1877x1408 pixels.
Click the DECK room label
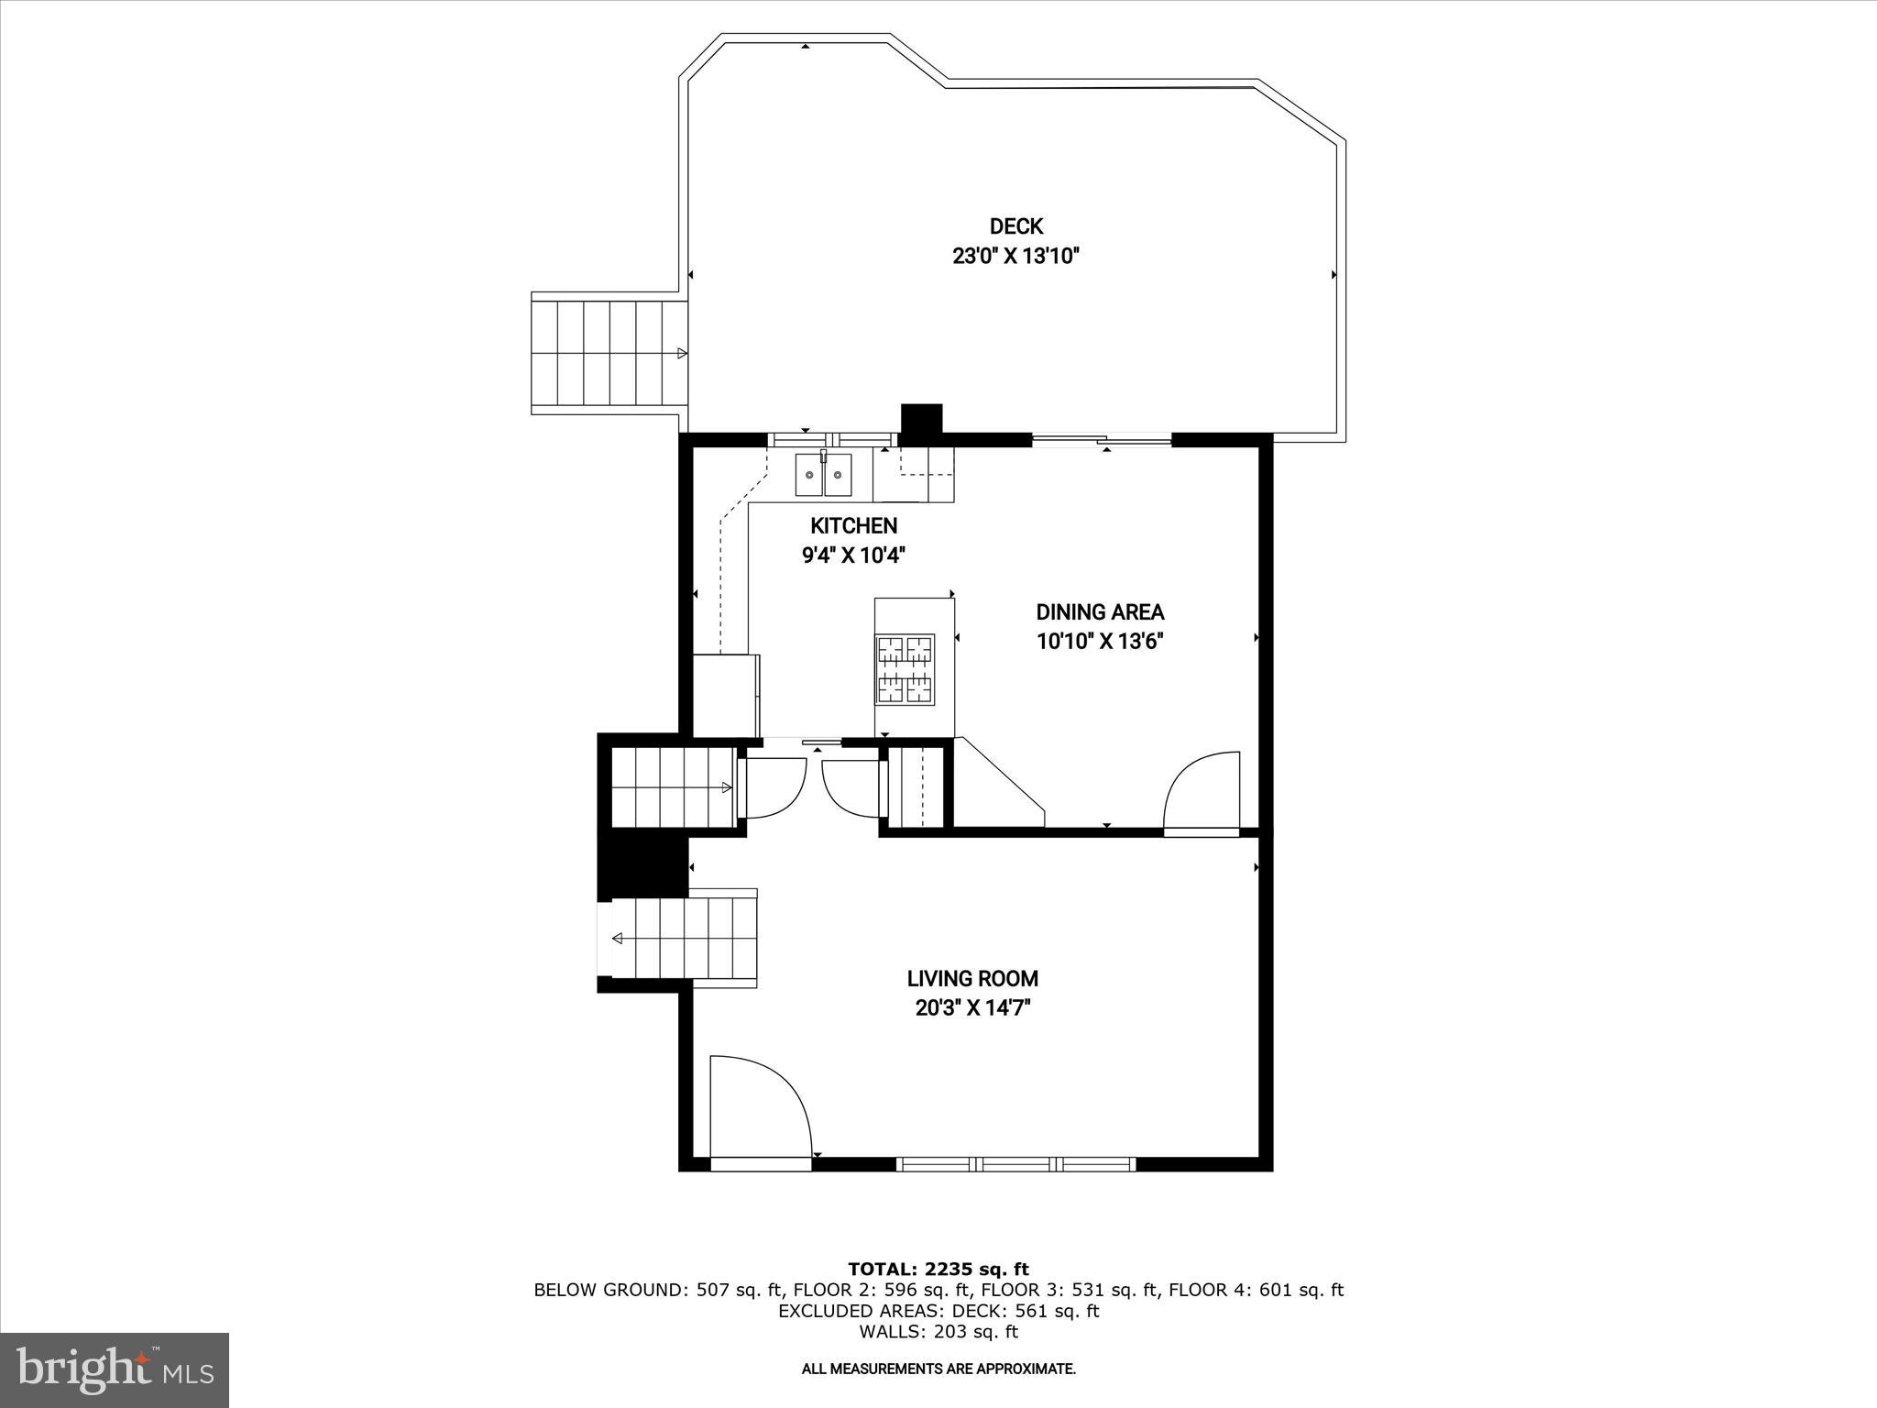point(1015,226)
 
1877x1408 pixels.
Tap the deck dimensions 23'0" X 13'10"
point(1015,256)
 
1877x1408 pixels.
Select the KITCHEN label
point(853,526)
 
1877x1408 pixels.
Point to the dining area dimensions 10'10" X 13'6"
point(1100,642)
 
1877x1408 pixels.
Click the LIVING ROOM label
point(972,979)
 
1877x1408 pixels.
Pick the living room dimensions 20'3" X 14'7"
point(972,1008)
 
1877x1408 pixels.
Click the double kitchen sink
point(823,475)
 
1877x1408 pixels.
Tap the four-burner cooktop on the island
point(906,669)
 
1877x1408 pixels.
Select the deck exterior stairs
point(609,353)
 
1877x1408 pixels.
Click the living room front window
point(1015,1164)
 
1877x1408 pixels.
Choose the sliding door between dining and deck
point(1102,441)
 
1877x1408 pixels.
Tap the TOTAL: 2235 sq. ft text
point(938,1269)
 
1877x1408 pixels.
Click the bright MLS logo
point(115,1369)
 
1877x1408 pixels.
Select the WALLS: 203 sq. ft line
point(938,1332)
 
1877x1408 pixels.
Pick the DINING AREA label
point(1100,612)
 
